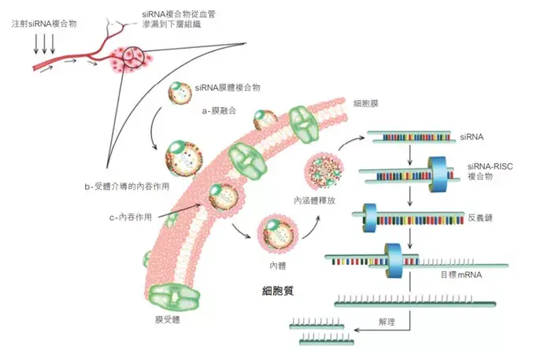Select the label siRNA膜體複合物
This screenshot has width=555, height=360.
pos(228,88)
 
